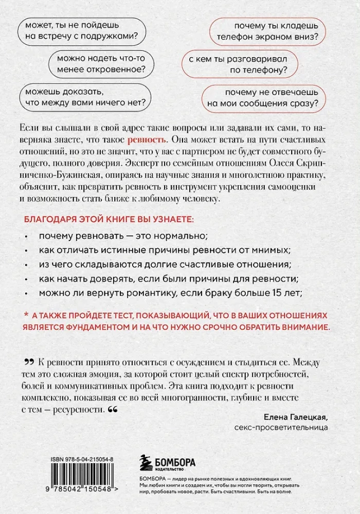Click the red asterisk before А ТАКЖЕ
pos(27,314)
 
